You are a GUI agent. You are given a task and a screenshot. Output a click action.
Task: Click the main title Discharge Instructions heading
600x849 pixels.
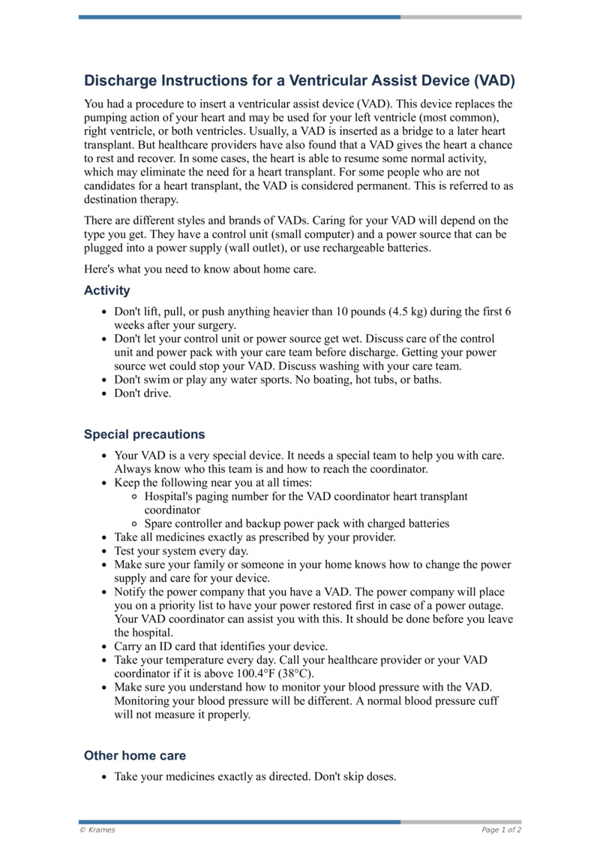click(299, 80)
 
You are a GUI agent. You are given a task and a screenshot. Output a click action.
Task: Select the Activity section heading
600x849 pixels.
click(106, 291)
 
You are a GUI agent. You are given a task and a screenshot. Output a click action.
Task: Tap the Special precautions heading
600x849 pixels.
click(144, 435)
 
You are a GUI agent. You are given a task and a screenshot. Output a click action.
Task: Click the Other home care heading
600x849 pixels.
click(135, 756)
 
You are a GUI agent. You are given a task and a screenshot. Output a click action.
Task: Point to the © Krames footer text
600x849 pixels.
click(97, 829)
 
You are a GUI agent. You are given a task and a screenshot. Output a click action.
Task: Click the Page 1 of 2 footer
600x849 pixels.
click(501, 829)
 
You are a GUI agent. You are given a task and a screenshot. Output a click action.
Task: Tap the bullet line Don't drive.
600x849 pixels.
click(142, 393)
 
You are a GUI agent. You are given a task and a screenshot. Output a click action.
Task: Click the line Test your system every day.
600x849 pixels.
click(181, 551)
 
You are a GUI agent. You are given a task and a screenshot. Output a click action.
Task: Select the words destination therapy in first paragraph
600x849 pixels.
click(131, 200)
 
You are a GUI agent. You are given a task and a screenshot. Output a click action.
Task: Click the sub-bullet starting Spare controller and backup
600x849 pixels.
click(297, 524)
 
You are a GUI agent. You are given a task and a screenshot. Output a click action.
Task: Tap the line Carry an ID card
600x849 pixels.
click(220, 646)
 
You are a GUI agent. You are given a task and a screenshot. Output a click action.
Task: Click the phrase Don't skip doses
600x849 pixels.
click(353, 777)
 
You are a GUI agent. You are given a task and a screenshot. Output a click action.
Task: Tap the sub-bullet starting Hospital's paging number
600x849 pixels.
click(306, 497)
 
